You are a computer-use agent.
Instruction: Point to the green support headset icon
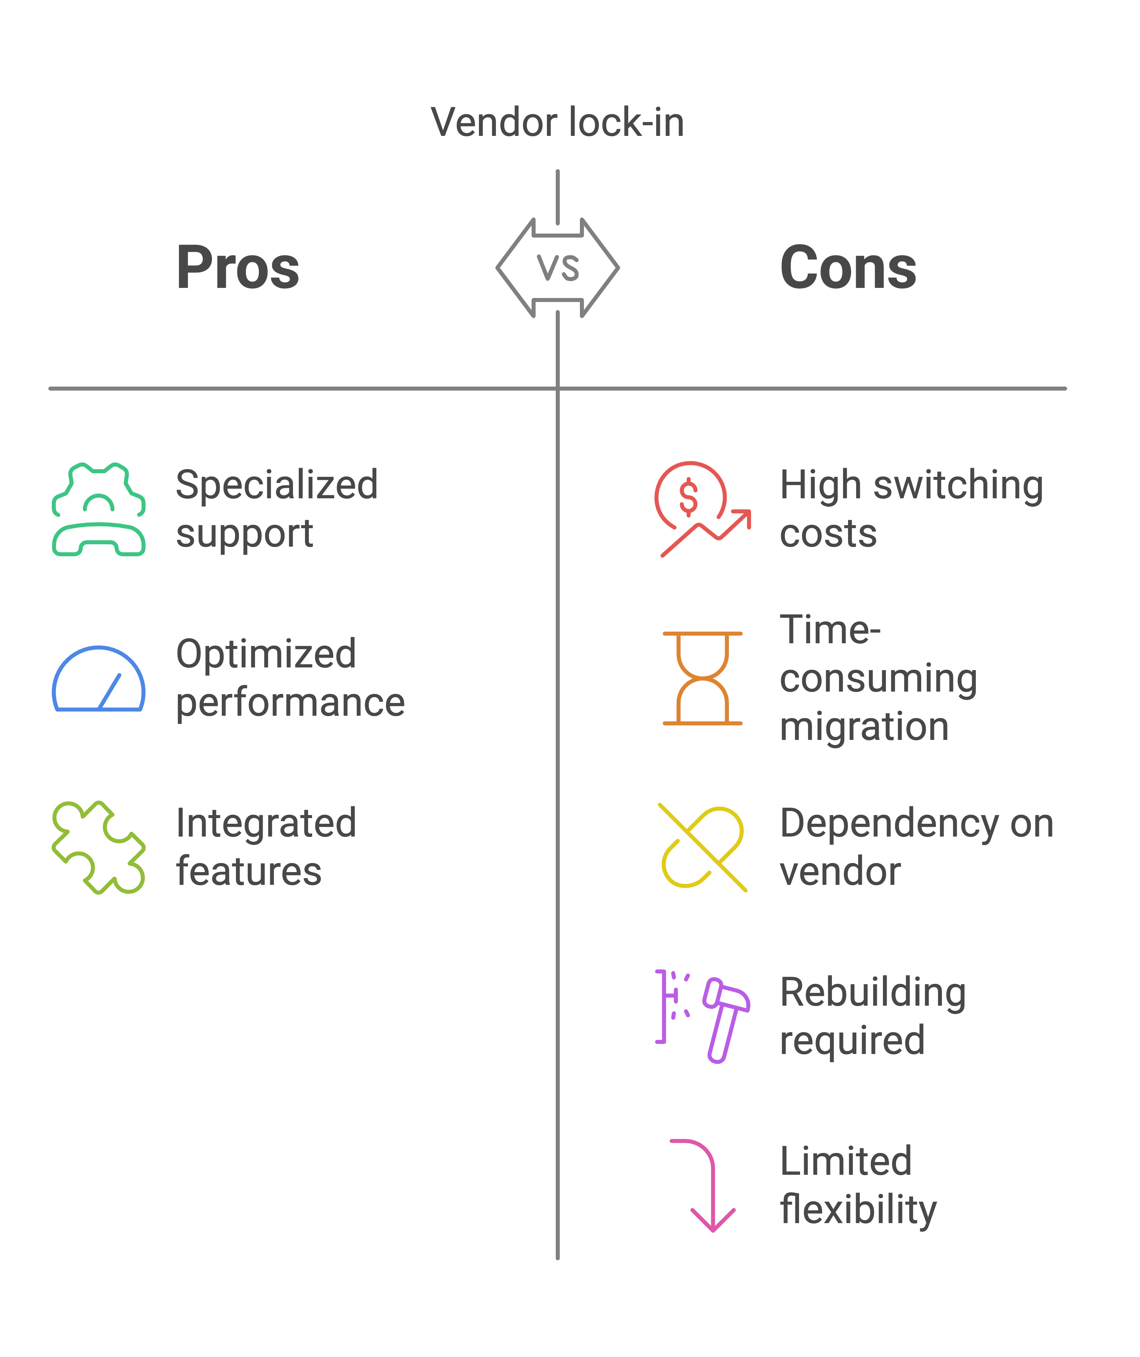pyautogui.click(x=98, y=509)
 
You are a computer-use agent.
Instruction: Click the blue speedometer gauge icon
pyautogui.click(x=98, y=678)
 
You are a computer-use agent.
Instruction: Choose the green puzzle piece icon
pyautogui.click(x=98, y=847)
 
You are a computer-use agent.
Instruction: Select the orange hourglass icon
pyautogui.click(x=702, y=678)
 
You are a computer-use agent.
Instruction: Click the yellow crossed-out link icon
pyautogui.click(x=702, y=847)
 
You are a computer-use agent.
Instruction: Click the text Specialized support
pyautogui.click(x=277, y=509)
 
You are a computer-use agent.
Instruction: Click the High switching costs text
pyautogui.click(x=911, y=509)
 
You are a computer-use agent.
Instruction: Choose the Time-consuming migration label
pyautogui.click(x=878, y=678)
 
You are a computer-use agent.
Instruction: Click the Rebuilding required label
pyautogui.click(x=873, y=1016)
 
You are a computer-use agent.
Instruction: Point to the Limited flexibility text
pyautogui.click(x=857, y=1186)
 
